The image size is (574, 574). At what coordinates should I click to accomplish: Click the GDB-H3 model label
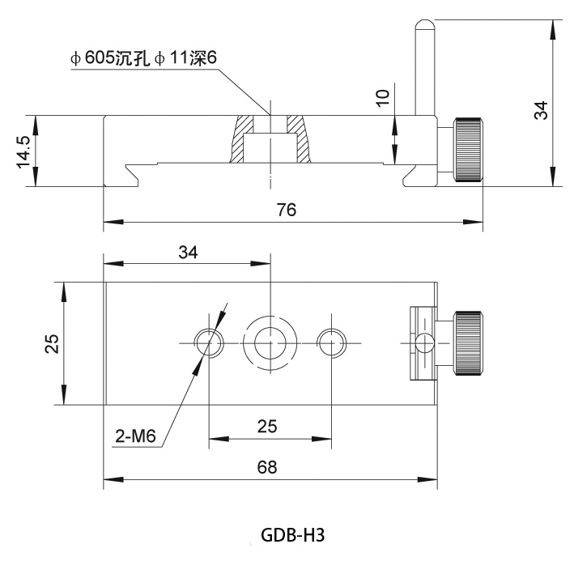click(292, 535)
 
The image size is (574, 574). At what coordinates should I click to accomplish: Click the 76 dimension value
click(287, 210)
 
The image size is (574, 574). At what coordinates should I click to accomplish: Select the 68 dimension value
click(267, 467)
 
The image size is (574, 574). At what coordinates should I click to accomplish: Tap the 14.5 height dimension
click(24, 151)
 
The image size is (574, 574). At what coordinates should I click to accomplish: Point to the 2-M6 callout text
click(135, 436)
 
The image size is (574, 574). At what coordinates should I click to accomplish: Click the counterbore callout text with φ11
click(143, 58)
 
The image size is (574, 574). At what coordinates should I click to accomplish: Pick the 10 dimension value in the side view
click(383, 98)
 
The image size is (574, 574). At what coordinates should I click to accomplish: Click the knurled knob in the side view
click(468, 149)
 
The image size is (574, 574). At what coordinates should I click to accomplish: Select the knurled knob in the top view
click(468, 343)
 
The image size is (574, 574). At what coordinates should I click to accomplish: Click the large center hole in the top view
click(270, 343)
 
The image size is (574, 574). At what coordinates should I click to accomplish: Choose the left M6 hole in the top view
click(209, 343)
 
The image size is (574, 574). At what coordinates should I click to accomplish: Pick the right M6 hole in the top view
click(331, 343)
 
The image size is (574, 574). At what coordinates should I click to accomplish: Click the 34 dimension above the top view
click(188, 253)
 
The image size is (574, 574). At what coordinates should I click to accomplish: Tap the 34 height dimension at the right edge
click(541, 110)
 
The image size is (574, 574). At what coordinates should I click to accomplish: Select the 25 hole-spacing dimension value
click(267, 427)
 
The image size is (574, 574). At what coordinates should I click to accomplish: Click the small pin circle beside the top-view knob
click(425, 343)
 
